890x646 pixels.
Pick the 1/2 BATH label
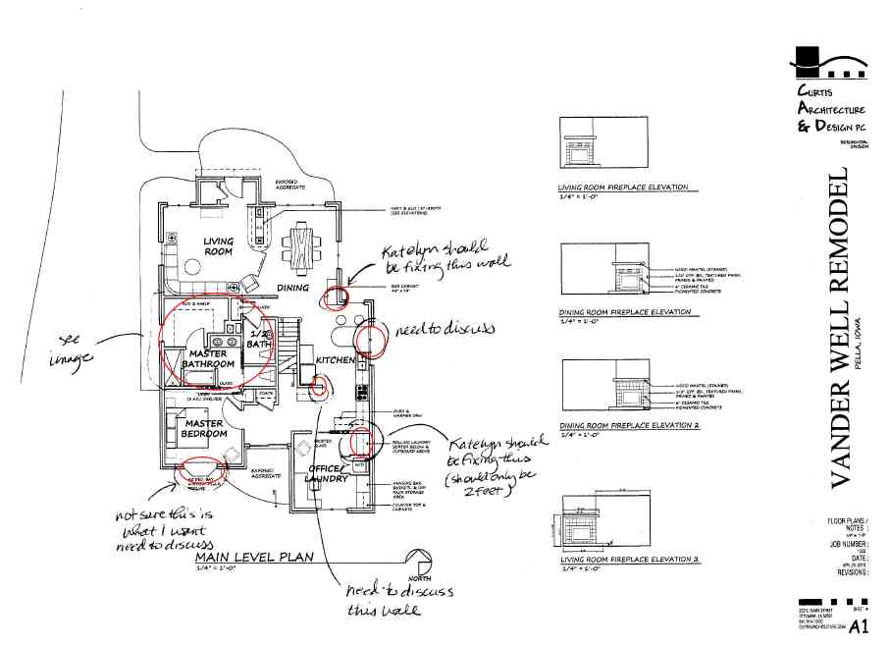pyautogui.click(x=259, y=340)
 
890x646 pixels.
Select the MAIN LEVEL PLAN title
pyautogui.click(x=254, y=557)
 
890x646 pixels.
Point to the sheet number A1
pyautogui.click(x=859, y=624)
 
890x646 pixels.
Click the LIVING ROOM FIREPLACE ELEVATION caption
pyautogui.click(x=622, y=187)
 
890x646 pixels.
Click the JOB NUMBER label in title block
pyautogui.click(x=847, y=541)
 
